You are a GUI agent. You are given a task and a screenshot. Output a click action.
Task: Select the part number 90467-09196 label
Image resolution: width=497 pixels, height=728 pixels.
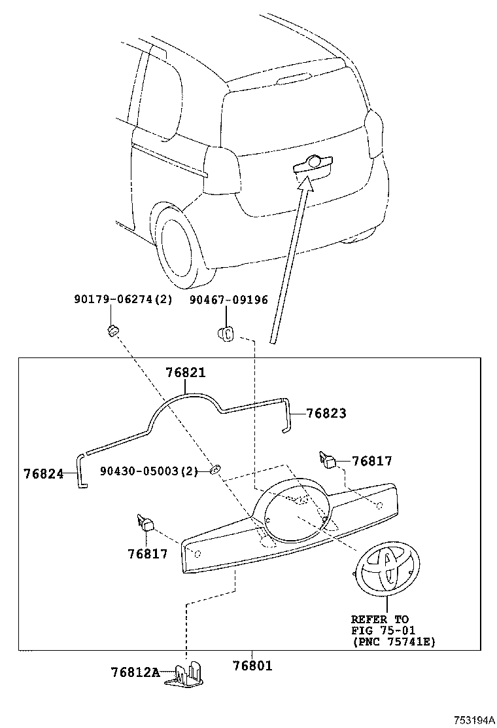(229, 300)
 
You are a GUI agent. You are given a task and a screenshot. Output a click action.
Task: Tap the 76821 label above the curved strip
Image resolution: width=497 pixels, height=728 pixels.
(185, 373)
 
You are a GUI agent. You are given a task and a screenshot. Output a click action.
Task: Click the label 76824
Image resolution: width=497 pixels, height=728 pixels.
(43, 473)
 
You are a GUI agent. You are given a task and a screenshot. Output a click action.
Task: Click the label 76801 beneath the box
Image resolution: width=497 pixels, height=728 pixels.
(252, 666)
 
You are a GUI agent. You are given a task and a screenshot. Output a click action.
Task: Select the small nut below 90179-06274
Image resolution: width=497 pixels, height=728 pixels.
(112, 329)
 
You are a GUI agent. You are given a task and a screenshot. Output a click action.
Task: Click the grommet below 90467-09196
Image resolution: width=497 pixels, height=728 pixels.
(226, 334)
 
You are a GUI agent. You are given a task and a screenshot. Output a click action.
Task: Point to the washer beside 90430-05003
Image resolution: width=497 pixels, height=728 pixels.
(214, 470)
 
